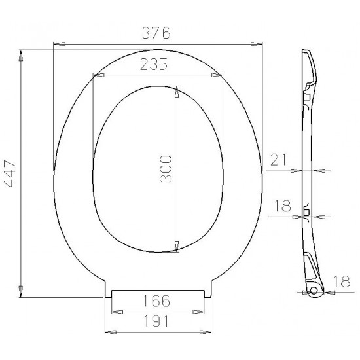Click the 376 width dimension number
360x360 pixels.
pos(156,33)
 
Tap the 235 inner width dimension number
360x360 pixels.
pos(154,64)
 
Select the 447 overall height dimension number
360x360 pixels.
pos(10,173)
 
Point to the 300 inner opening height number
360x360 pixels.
pos(166,169)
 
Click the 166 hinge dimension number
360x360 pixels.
pos(156,301)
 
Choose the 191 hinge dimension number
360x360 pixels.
pos(156,321)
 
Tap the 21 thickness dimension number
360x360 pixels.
pos(278,160)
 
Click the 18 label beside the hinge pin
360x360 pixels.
pos(342,281)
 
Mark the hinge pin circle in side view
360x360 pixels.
pos(314,291)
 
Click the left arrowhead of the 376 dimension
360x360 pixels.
pos(59,44)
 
